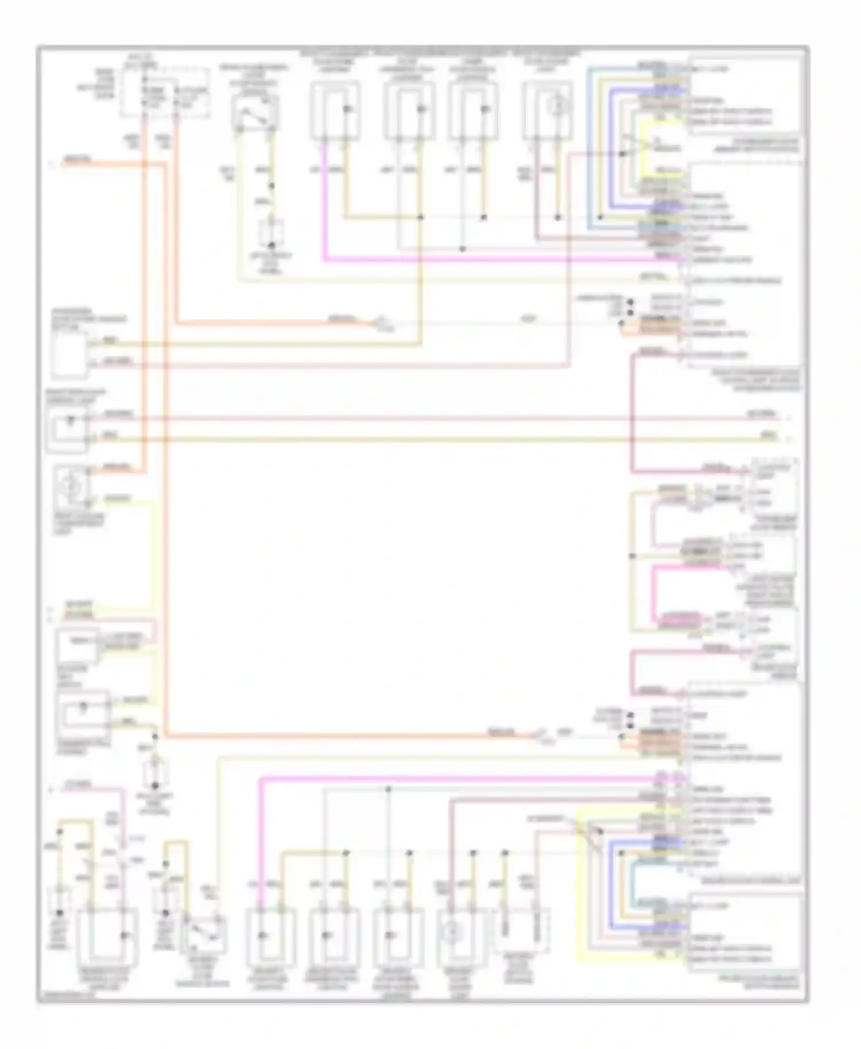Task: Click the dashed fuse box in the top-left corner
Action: (164, 92)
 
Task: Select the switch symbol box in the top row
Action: (255, 112)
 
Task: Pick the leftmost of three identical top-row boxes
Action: (335, 110)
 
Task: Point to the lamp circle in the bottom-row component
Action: (453, 934)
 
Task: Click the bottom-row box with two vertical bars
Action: (521, 930)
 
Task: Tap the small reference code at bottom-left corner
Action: (67, 995)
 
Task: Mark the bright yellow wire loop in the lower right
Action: (581, 895)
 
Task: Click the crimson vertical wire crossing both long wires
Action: (632, 413)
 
